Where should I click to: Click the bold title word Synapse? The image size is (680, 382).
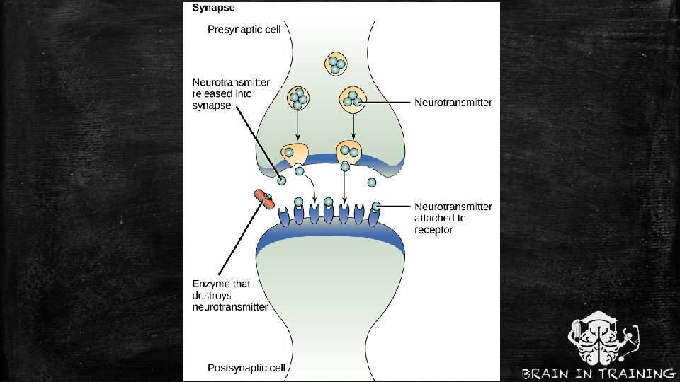pyautogui.click(x=214, y=9)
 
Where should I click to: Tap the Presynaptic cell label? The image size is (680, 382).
pyautogui.click(x=244, y=30)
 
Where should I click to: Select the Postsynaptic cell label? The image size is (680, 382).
pyautogui.click(x=246, y=367)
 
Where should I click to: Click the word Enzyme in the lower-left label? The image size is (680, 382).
pyautogui.click(x=211, y=284)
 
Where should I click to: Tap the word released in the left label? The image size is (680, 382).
pyautogui.click(x=212, y=93)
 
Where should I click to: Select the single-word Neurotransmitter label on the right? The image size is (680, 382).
pyautogui.click(x=453, y=103)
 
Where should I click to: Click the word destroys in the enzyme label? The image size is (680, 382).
pyautogui.click(x=212, y=296)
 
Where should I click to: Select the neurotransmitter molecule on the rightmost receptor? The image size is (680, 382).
pyautogui.click(x=375, y=206)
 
